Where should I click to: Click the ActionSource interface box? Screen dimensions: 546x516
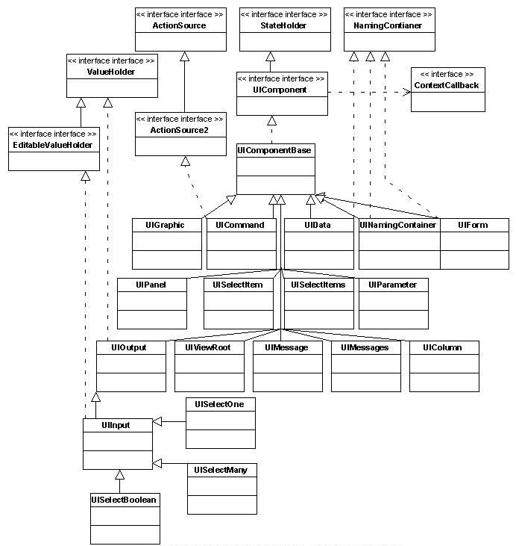180,30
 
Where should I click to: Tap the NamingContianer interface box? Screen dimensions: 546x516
388,30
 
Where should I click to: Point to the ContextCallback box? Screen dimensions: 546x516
448,90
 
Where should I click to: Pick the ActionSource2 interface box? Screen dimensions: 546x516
180,134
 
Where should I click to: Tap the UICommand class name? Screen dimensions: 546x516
240,225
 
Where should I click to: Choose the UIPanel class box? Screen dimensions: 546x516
151,303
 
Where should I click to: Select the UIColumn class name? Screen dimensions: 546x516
442,347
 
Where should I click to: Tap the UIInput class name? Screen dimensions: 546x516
116,425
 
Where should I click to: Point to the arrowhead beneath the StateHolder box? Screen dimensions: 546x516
271,55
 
